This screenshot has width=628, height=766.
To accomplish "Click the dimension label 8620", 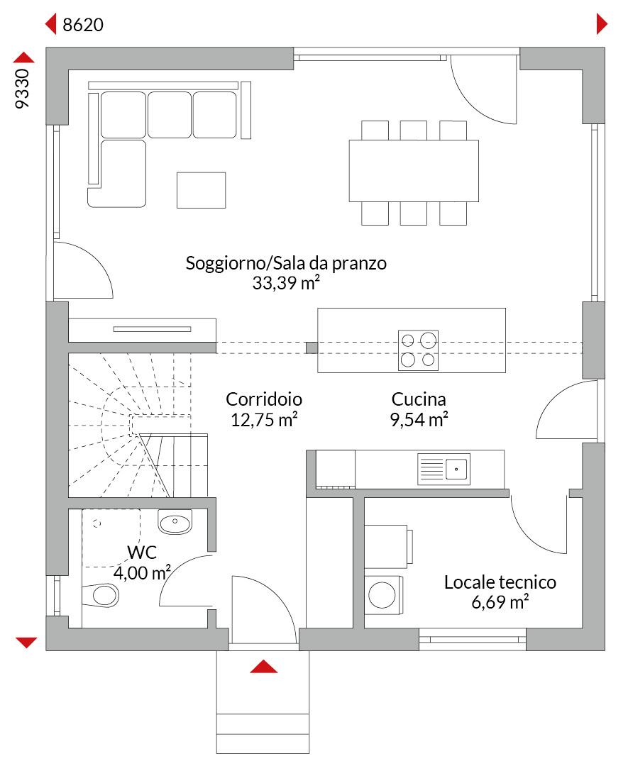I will pyautogui.click(x=83, y=26).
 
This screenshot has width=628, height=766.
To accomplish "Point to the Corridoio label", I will pyautogui.click(x=264, y=399).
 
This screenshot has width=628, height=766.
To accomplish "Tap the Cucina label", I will pyautogui.click(x=418, y=399).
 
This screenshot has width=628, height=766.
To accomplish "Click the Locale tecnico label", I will pyautogui.click(x=500, y=583).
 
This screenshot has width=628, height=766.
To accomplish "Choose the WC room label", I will pyautogui.click(x=142, y=553).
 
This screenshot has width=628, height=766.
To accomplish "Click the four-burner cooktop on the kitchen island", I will pyautogui.click(x=418, y=350).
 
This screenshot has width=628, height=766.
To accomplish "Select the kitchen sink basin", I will pyautogui.click(x=456, y=468).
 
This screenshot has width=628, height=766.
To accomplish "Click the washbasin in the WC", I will pyautogui.click(x=174, y=523).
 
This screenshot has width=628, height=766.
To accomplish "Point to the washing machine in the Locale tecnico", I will pyautogui.click(x=384, y=594).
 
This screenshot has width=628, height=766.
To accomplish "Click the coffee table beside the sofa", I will pyautogui.click(x=201, y=190).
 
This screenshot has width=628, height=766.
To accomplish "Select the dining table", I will pyautogui.click(x=413, y=171).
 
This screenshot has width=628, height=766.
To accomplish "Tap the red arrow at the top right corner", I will pyautogui.click(x=602, y=25).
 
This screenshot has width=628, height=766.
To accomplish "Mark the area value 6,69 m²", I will pyautogui.click(x=500, y=604).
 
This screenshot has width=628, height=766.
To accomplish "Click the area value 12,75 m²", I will pyautogui.click(x=264, y=419).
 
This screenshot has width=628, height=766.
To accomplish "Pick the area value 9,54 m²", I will pyautogui.click(x=418, y=419).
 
